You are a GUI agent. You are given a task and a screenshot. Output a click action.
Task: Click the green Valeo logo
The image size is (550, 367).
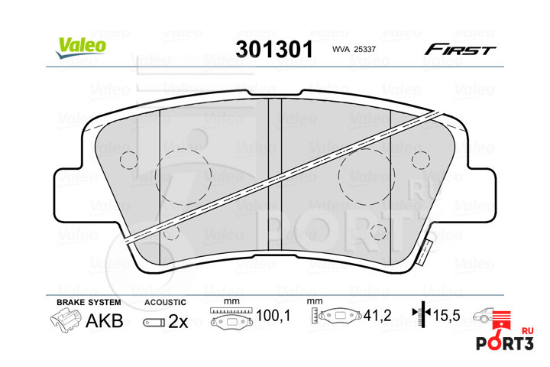(x=81, y=47)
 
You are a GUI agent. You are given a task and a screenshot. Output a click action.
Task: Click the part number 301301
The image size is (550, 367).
(x=274, y=49)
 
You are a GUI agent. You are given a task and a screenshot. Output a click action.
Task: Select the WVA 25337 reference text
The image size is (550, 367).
(x=354, y=50)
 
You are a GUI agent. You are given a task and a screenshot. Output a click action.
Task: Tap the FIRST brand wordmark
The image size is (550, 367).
(x=460, y=50)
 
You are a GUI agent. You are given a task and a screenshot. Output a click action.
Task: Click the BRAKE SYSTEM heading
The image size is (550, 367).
(x=89, y=302)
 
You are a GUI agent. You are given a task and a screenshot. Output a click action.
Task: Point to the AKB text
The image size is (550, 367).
(x=105, y=320)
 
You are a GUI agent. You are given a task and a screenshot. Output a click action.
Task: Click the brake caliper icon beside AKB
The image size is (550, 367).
(x=65, y=321)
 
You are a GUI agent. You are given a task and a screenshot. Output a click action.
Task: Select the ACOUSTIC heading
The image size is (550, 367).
(x=165, y=302)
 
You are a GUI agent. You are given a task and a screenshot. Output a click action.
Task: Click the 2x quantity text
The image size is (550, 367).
(x=178, y=321)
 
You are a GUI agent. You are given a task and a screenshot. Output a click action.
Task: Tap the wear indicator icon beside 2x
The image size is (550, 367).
(x=154, y=323)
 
